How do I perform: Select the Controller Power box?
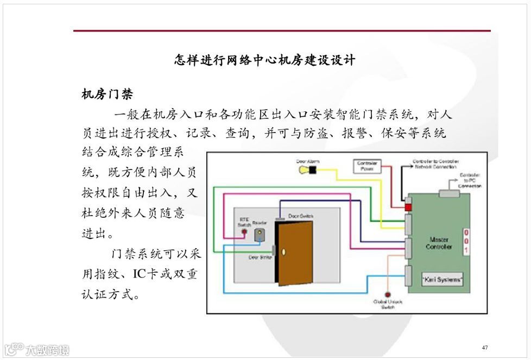point(368,166)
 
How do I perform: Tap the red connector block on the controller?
point(408,207)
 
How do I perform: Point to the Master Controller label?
point(439,243)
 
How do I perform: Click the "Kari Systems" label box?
point(442,280)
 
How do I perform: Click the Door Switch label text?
point(300,216)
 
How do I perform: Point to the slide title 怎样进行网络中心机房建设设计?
point(264,60)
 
